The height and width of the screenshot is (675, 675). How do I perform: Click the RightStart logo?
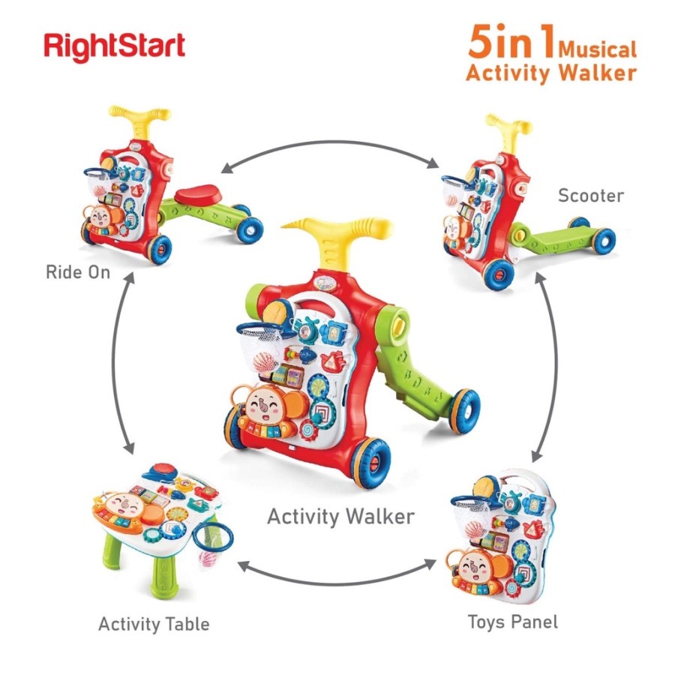pos(114,46)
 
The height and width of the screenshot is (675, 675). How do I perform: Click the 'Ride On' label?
pos(78,271)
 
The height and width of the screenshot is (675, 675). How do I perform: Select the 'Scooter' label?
pos(590,196)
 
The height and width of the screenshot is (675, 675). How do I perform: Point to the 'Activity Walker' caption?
pos(340,517)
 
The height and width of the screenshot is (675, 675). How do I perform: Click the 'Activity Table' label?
pos(154,623)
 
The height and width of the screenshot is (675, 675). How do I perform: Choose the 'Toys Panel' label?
pos(513,622)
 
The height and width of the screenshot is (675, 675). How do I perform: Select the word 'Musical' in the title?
pos(597,49)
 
